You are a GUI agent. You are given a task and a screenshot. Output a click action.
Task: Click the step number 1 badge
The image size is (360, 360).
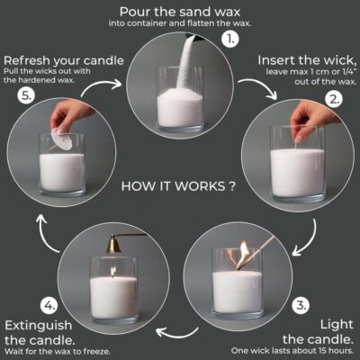[232, 39]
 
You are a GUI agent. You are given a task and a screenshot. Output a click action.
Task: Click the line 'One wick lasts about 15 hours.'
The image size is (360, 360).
[300, 350]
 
